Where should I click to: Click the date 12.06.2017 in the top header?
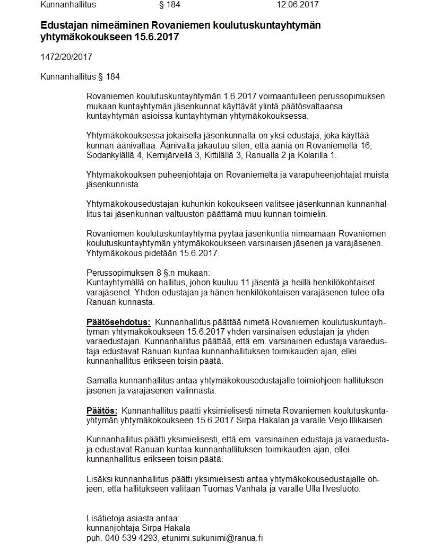coord(297,5)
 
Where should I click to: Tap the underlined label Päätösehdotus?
coord(118,322)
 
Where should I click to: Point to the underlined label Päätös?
coord(102,410)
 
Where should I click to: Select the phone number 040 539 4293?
coord(130,538)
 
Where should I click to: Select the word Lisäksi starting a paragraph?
coord(99,479)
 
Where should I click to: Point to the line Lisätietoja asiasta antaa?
coord(133,518)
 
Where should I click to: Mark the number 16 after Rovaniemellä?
coord(367,146)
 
